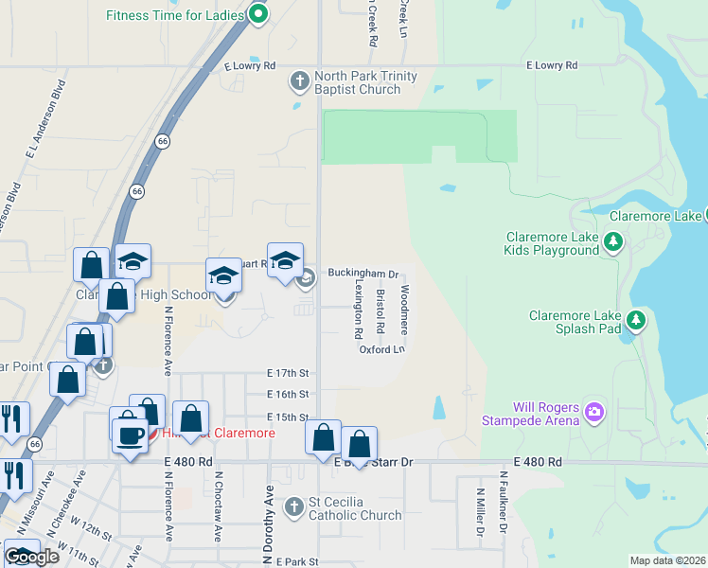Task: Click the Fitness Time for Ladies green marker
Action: (x=257, y=14)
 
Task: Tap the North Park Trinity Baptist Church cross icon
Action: (x=300, y=81)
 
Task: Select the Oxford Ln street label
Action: (x=381, y=349)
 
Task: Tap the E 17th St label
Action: (x=289, y=374)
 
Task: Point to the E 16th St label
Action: (x=289, y=394)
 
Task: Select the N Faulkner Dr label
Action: (x=481, y=512)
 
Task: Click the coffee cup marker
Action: (x=131, y=435)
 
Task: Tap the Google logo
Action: (x=31, y=557)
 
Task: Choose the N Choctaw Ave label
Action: (x=219, y=507)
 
